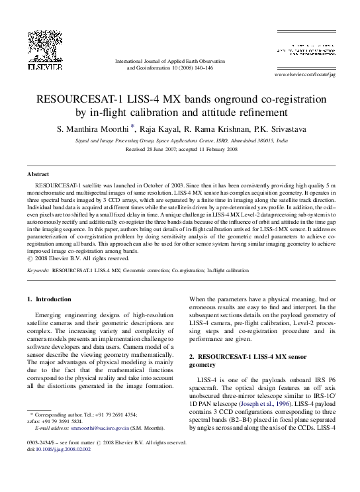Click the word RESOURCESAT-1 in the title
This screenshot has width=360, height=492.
83,100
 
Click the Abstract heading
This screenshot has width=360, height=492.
37,173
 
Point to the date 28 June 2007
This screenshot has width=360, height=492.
162,150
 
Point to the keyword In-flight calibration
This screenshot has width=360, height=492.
225,270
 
